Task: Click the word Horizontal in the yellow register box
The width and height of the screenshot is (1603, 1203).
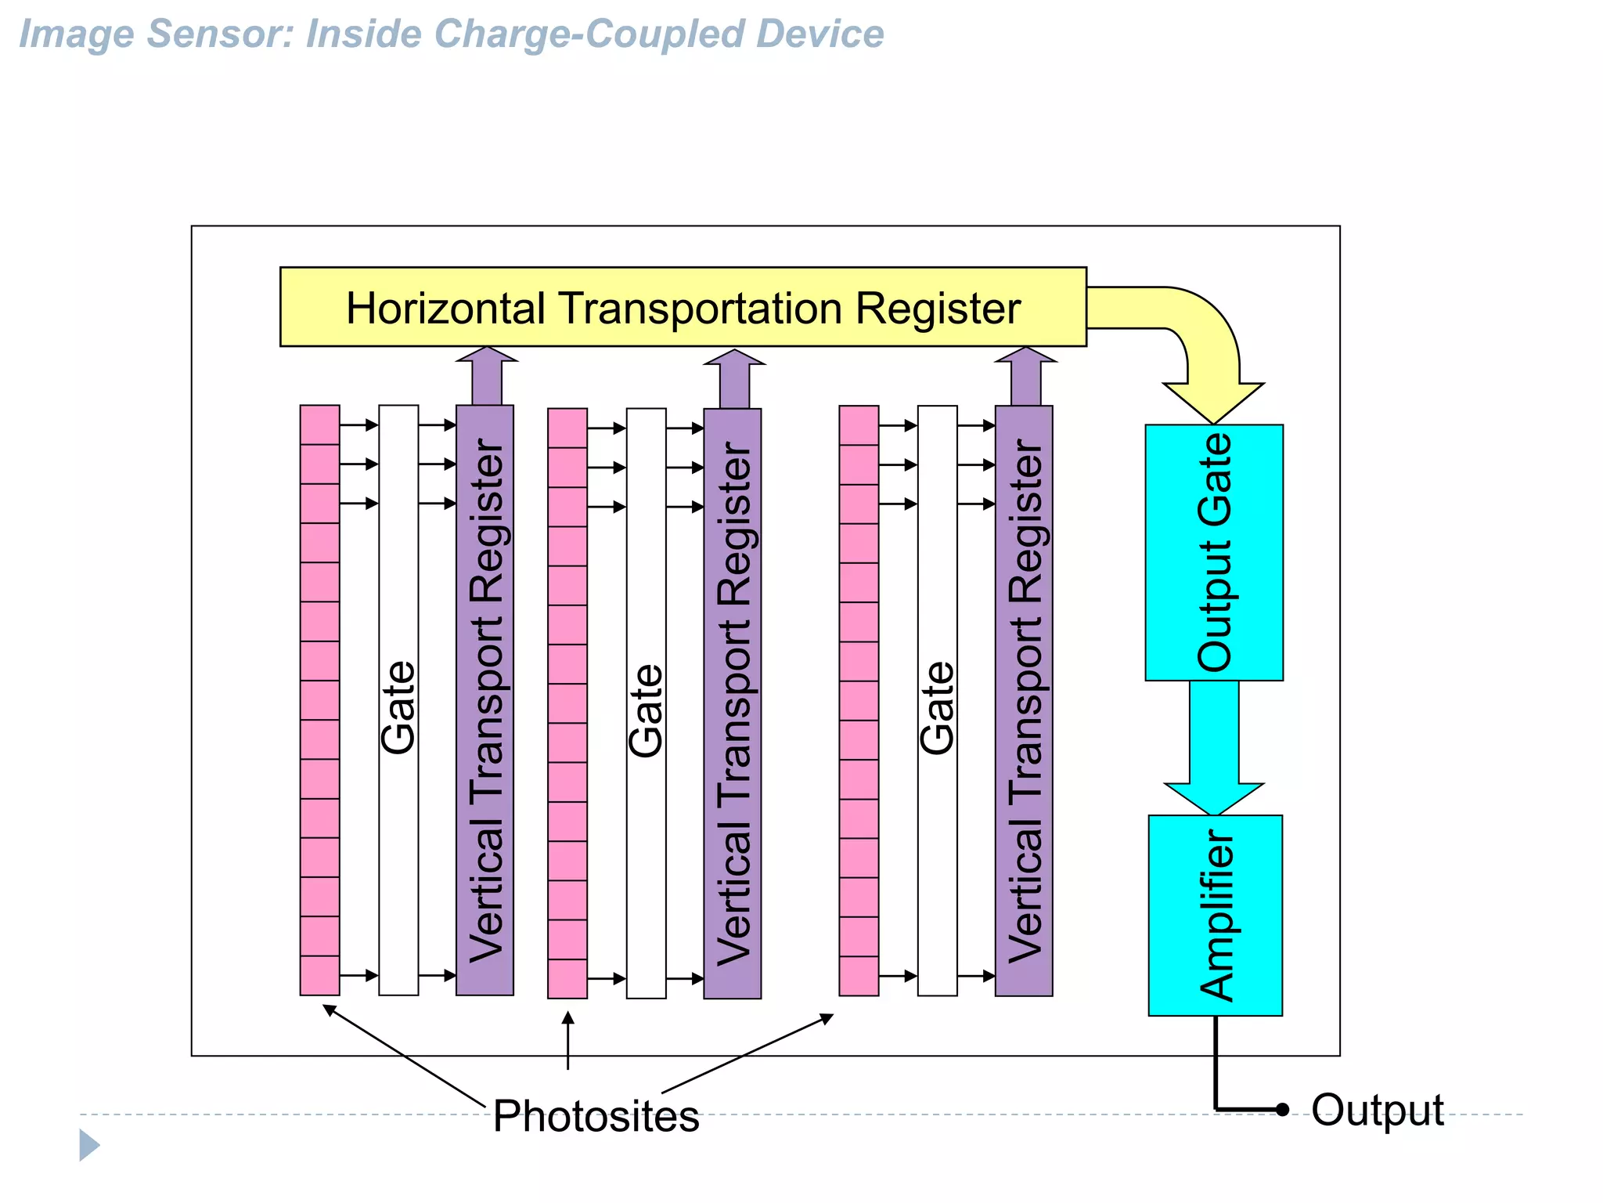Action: coord(445,309)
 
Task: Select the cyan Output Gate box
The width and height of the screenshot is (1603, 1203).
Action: coord(1213,552)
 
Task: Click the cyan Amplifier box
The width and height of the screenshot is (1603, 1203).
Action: coord(1215,915)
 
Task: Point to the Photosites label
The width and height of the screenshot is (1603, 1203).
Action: coord(596,1116)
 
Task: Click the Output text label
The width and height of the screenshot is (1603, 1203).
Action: coord(1378,1110)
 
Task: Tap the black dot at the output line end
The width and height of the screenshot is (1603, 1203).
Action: coord(1282,1110)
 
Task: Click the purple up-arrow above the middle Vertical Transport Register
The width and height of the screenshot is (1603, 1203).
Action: coord(734,378)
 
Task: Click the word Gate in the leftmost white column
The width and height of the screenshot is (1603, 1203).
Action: coord(398,708)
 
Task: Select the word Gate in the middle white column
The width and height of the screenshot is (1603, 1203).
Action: coord(647,711)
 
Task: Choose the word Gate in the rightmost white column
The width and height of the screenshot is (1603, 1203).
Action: coord(937,708)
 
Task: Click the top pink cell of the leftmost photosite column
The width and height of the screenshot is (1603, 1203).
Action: coord(319,425)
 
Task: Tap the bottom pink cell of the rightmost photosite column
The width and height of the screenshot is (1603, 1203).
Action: coord(859,976)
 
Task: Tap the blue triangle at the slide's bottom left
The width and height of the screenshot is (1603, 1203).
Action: coord(88,1145)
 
